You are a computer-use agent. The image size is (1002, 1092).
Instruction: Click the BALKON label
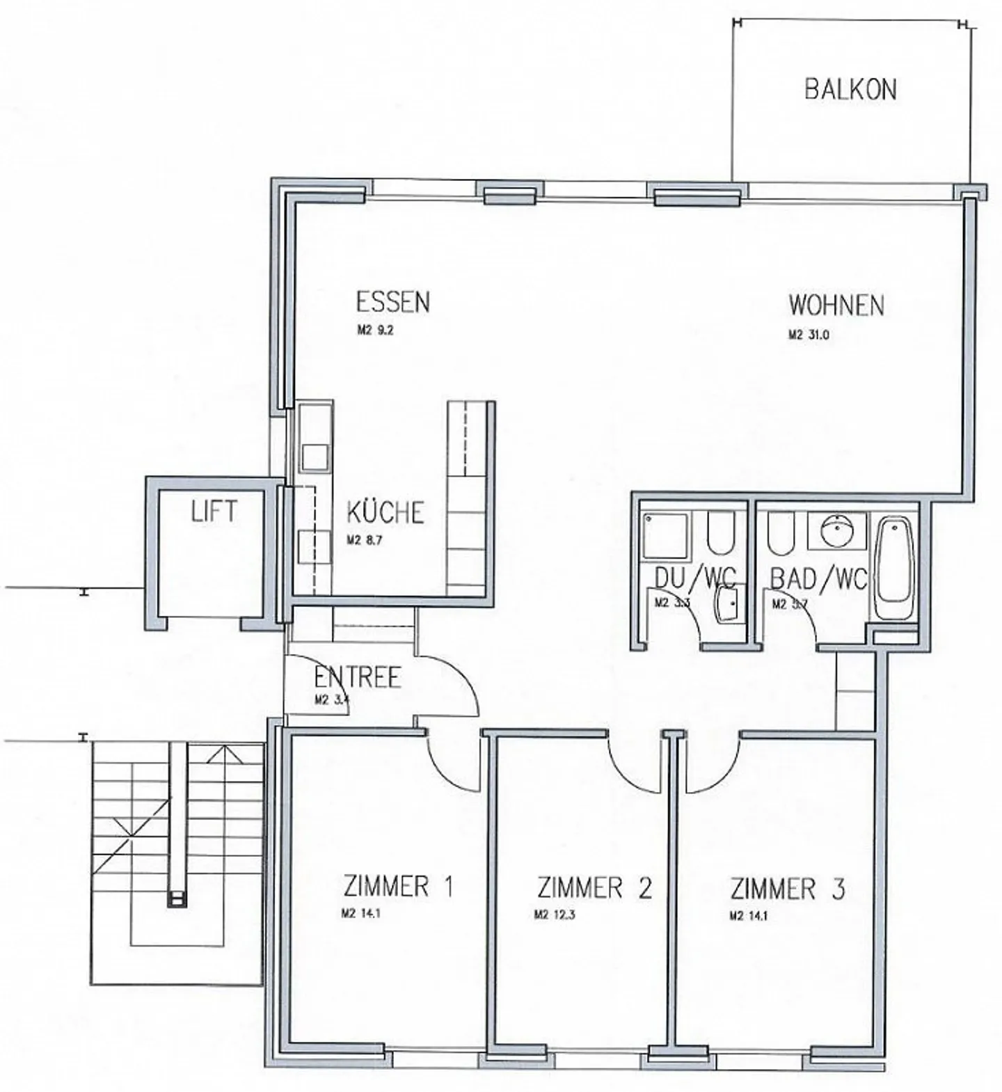tap(850, 90)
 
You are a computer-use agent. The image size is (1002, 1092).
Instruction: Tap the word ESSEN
tap(392, 302)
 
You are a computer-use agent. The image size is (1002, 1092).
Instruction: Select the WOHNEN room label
tap(836, 306)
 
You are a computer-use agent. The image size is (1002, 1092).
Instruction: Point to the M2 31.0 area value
tap(809, 335)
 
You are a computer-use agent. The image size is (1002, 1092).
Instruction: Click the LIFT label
tap(214, 512)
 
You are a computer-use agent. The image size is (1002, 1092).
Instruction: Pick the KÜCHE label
tap(385, 513)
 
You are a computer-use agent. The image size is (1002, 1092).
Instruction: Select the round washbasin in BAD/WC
tap(834, 532)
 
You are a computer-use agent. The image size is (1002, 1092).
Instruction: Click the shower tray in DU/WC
tap(665, 535)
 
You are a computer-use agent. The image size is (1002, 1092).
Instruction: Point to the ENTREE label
tap(357, 677)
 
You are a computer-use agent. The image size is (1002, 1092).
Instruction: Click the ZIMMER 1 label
tap(398, 887)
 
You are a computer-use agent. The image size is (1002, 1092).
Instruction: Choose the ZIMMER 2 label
tap(594, 888)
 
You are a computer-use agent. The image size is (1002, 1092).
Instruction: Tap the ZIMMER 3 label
tap(787, 889)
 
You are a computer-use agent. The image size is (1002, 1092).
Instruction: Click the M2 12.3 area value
tap(554, 915)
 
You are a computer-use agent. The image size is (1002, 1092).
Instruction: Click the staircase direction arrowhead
tap(224, 752)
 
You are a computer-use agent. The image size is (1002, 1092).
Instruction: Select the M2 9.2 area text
tap(375, 331)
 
